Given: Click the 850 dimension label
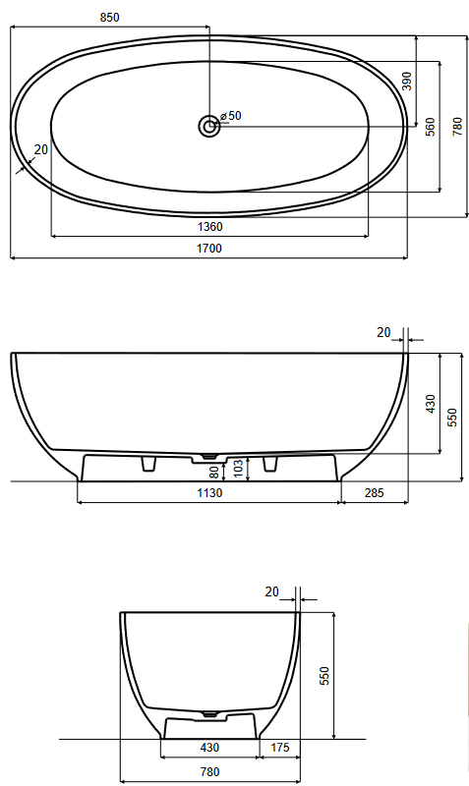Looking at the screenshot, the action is pyautogui.click(x=110, y=18).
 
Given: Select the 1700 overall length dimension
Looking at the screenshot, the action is pyautogui.click(x=209, y=249).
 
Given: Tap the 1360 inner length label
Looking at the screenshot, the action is pyautogui.click(x=209, y=227).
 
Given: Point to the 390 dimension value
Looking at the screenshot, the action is pyautogui.click(x=407, y=82).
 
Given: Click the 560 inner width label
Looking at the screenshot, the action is pyautogui.click(x=431, y=127).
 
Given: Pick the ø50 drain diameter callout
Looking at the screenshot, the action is pyautogui.click(x=231, y=116).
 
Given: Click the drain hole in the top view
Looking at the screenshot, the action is pyautogui.click(x=208, y=126).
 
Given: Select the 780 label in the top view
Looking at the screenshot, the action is pyautogui.click(x=457, y=127).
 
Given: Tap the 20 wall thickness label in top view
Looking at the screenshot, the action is pyautogui.click(x=41, y=149).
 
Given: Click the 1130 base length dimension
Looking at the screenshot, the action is pyautogui.click(x=209, y=493).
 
